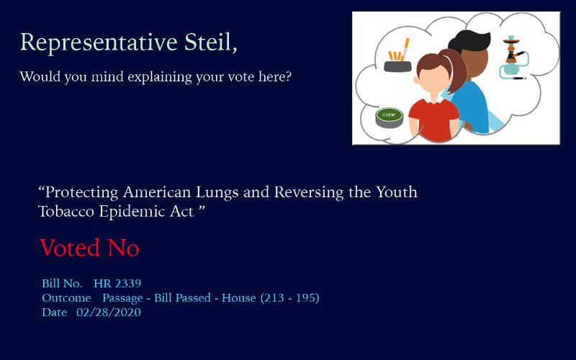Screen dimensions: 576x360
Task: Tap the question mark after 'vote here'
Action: [x=288, y=76]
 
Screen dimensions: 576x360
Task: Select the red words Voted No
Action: [x=89, y=248]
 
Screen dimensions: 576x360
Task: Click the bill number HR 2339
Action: [x=117, y=283]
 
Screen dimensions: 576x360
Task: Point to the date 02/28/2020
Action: [x=109, y=312]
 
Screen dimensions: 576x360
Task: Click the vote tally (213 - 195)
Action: [x=290, y=297]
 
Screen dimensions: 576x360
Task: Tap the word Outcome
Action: [x=66, y=298]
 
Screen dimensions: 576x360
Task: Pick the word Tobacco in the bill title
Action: [x=66, y=212]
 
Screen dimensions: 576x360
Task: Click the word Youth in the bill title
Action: [x=397, y=192]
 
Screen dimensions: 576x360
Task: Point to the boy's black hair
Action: [x=469, y=41]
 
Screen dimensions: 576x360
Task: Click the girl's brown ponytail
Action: [x=456, y=70]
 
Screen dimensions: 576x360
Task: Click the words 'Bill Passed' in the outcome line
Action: [x=182, y=297]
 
